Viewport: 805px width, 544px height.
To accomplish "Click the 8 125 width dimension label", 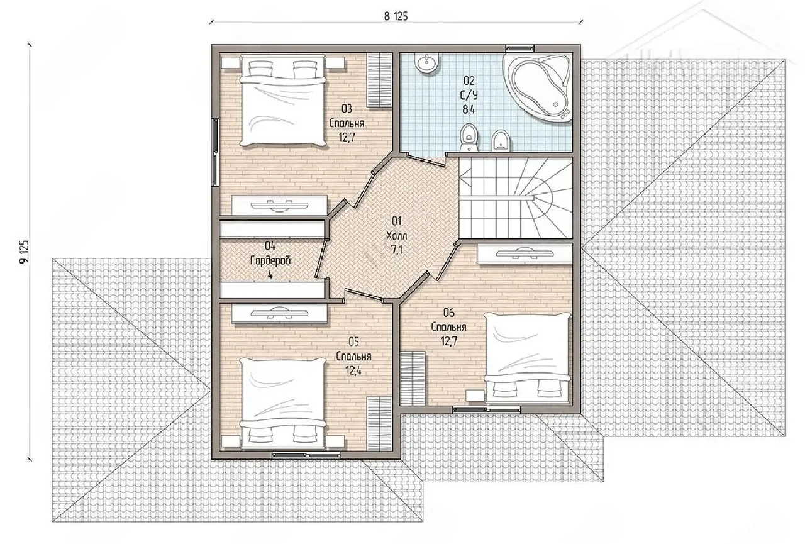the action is pos(396,16).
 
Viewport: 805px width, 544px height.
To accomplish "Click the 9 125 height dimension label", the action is pos(24,252).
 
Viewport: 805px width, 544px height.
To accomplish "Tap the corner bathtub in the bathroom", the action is pos(538,88).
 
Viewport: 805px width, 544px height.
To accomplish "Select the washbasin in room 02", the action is pos(426,64).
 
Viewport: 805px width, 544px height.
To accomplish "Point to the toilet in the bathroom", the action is pos(470,138).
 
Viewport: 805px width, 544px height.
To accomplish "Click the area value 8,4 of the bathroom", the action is pos(469,109).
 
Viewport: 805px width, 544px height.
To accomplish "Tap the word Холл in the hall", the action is pos(396,236).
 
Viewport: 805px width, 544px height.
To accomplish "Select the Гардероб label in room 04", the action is pos(270,261).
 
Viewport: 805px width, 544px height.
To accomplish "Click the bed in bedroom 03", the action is pos(284,101).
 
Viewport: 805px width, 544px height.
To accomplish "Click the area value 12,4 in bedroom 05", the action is pos(353,370).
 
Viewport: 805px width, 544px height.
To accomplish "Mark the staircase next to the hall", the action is pos(516,198).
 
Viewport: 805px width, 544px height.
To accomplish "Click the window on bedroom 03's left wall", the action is pos(216,152).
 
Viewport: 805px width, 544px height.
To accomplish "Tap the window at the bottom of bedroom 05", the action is pos(306,455).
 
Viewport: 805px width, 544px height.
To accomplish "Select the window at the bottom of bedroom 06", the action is pos(486,409).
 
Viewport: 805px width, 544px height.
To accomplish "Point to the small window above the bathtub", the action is pos(519,48).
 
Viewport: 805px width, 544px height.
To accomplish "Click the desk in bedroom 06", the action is pos(525,253).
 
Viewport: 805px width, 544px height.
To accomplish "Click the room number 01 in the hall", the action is pos(396,221).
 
